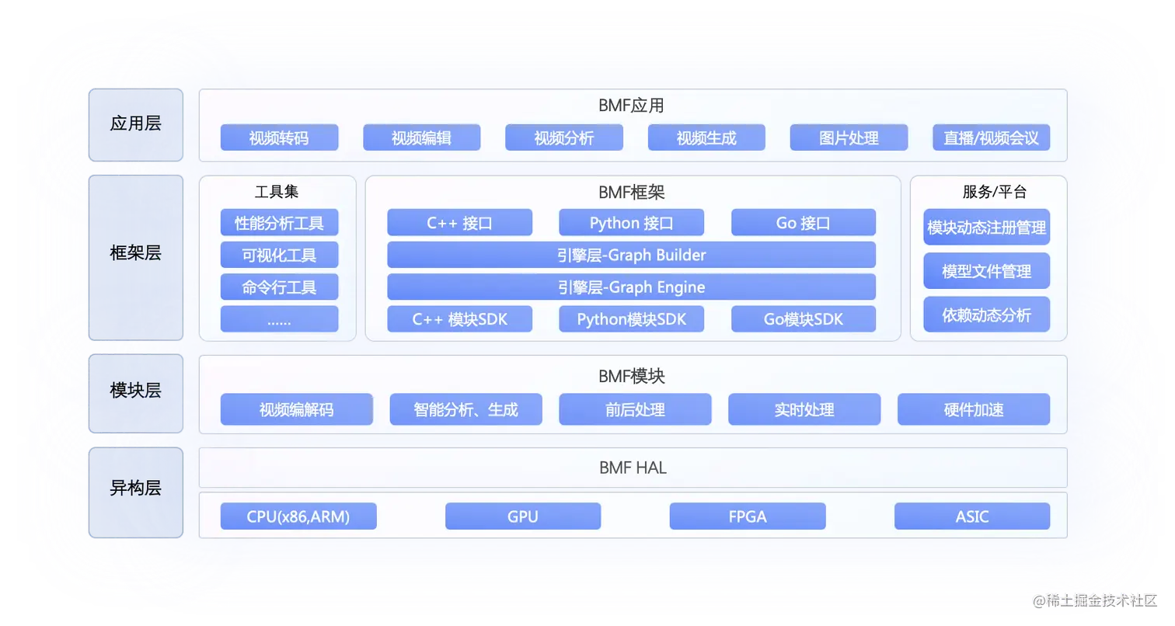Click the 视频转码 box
click(x=279, y=138)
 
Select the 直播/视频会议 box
click(x=991, y=138)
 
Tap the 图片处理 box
click(x=849, y=138)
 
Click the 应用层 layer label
click(x=136, y=124)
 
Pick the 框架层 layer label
click(x=136, y=253)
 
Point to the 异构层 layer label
click(x=136, y=489)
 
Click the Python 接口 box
click(x=631, y=223)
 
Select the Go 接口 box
click(x=803, y=223)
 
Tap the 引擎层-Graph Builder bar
click(x=631, y=255)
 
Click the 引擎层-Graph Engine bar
click(x=631, y=287)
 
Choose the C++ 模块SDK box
click(x=459, y=319)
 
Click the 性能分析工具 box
click(x=279, y=224)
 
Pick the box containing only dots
click(x=279, y=319)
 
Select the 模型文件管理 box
click(x=986, y=272)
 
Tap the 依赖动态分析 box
click(x=986, y=315)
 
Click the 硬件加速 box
click(x=973, y=409)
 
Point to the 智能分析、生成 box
click(x=465, y=409)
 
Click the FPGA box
click(x=747, y=516)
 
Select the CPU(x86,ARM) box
click(x=298, y=516)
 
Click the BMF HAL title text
click(x=633, y=468)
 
